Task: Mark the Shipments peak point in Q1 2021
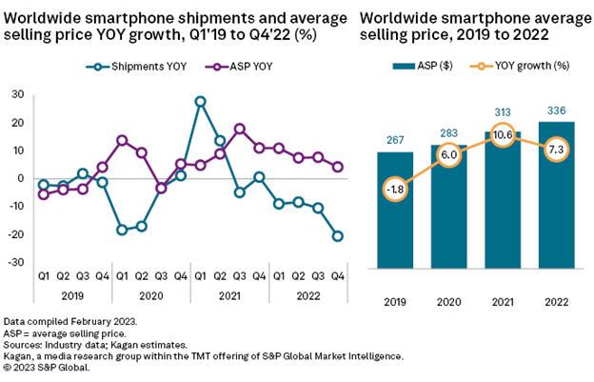[x=200, y=100]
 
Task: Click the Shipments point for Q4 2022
[x=338, y=236]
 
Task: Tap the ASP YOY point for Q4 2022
[x=338, y=167]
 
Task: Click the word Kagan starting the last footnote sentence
[x=21, y=355]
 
